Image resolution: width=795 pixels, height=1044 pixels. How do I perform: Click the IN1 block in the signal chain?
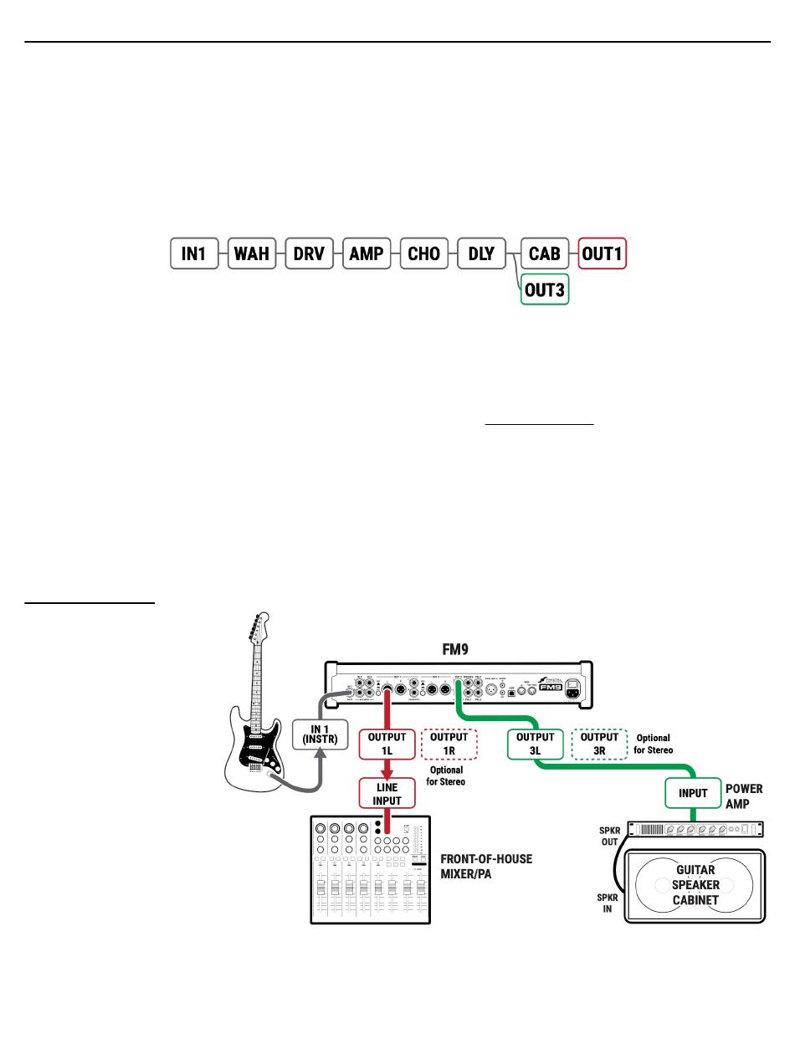tap(194, 253)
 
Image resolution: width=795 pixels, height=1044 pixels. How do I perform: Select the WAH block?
tap(252, 253)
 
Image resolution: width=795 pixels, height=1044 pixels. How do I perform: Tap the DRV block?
tap(309, 253)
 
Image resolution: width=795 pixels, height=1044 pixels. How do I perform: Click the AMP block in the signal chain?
tap(367, 253)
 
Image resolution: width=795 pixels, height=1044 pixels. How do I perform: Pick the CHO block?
tap(424, 253)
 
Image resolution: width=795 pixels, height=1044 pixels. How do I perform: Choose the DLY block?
tap(481, 253)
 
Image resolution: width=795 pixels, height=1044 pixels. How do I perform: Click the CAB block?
tap(545, 253)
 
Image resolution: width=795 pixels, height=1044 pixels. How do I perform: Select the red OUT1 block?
tap(602, 253)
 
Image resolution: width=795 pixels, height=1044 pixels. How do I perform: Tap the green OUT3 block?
tap(545, 289)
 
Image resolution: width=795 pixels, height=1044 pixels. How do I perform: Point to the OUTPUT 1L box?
tap(387, 744)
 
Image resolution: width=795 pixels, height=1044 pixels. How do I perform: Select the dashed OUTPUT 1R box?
tap(449, 744)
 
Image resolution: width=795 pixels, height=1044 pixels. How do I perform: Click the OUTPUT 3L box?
tap(536, 744)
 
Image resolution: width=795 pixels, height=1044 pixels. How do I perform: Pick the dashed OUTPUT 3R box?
tap(599, 744)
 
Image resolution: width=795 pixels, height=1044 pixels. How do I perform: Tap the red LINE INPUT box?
tap(387, 794)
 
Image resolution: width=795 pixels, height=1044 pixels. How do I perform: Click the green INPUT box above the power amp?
tap(693, 793)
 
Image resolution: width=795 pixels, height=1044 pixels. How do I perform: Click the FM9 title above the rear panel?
tap(459, 648)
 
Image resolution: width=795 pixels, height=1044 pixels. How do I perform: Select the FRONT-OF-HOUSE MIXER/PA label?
tap(485, 866)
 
